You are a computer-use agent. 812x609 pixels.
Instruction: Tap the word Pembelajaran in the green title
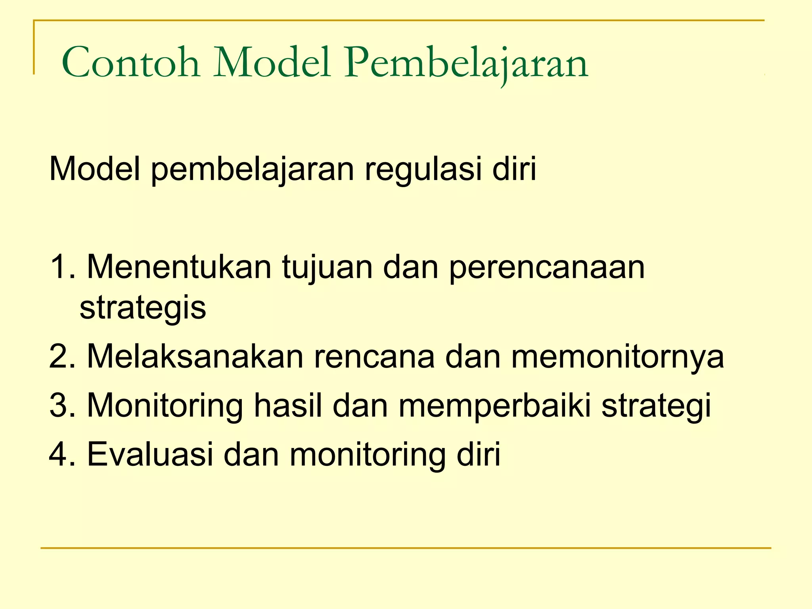pyautogui.click(x=466, y=63)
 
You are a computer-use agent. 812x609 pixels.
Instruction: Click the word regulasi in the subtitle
pyautogui.click(x=423, y=170)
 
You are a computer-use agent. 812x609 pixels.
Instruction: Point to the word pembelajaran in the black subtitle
pyautogui.click(x=252, y=170)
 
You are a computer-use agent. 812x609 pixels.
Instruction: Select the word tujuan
pyautogui.click(x=327, y=268)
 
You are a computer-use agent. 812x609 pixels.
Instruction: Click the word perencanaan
pyautogui.click(x=547, y=268)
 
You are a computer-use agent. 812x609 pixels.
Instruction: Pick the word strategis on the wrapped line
pyautogui.click(x=143, y=308)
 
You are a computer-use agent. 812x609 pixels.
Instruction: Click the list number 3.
pyautogui.click(x=61, y=406)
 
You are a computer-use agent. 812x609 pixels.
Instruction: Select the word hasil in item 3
pyautogui.click(x=288, y=406)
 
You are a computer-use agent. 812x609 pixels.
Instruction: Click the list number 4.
pyautogui.click(x=61, y=454)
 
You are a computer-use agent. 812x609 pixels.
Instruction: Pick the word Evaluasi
pyautogui.click(x=150, y=454)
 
